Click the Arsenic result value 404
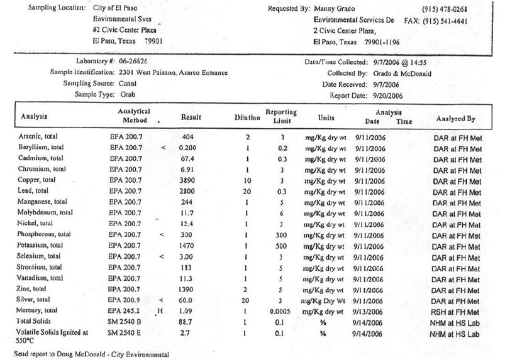pos(186,136)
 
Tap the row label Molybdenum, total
pos(47,212)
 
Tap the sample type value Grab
pos(128,94)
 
